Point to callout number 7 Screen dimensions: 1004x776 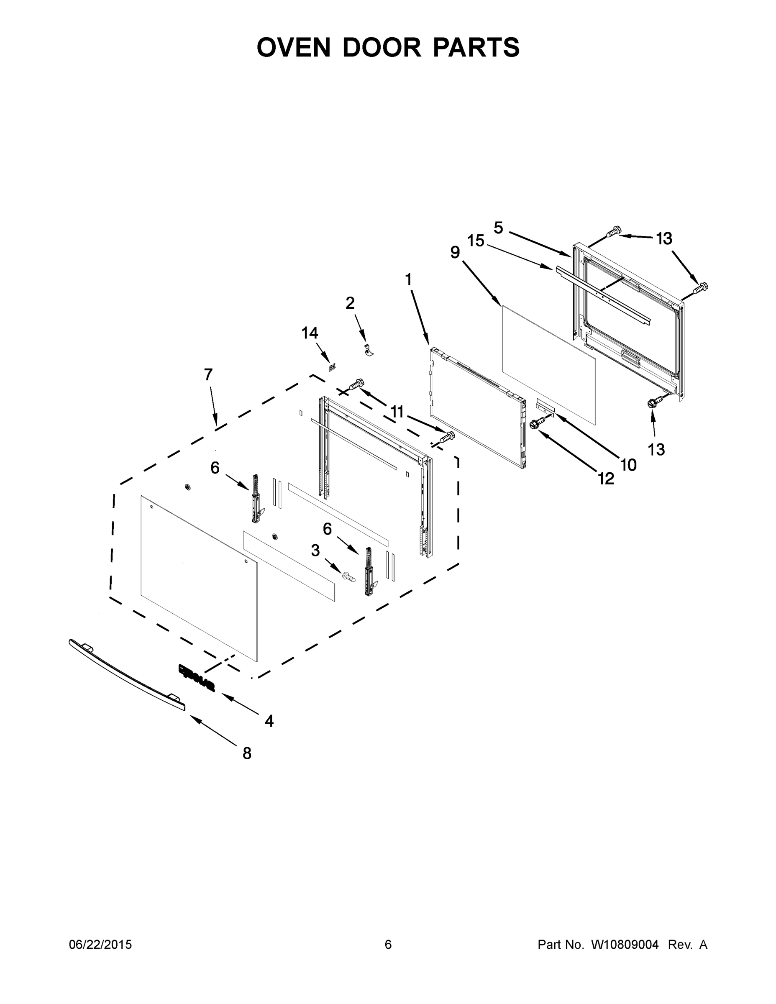208,375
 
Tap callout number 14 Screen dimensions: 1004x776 310,333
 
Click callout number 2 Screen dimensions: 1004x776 350,303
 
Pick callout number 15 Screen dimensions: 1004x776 476,241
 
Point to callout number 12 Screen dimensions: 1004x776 606,479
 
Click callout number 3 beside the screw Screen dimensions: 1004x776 315,550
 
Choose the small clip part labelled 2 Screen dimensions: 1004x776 367,350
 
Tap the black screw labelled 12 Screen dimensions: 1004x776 536,423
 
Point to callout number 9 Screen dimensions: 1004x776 455,252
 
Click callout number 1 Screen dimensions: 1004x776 408,279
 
